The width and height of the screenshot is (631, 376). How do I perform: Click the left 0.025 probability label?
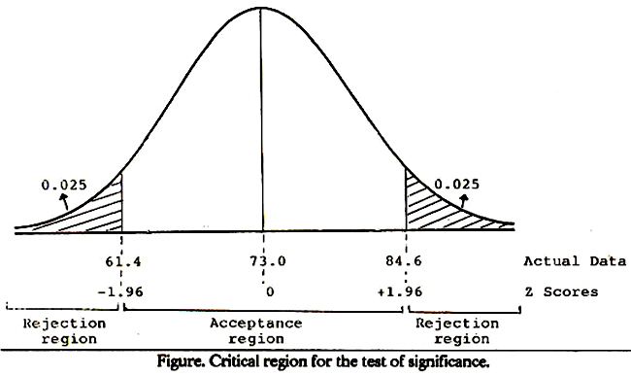pyautogui.click(x=64, y=185)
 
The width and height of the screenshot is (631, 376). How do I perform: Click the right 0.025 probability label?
pyautogui.click(x=457, y=184)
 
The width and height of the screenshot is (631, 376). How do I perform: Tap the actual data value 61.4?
pyautogui.click(x=123, y=261)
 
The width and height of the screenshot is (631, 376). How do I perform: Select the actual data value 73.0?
pyautogui.click(x=268, y=260)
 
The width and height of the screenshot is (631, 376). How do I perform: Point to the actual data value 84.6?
pyautogui.click(x=404, y=260)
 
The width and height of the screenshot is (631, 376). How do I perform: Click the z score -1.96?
pyautogui.click(x=120, y=291)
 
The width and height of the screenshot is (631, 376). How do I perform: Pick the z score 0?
pyautogui.click(x=270, y=291)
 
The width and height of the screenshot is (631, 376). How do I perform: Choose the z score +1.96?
pyautogui.click(x=400, y=291)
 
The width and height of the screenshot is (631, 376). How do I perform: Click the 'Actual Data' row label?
pyautogui.click(x=575, y=261)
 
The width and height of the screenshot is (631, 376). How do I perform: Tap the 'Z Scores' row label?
pyautogui.click(x=561, y=291)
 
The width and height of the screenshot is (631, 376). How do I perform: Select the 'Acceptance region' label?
pyautogui.click(x=256, y=331)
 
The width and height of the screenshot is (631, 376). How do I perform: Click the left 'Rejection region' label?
pyautogui.click(x=64, y=331)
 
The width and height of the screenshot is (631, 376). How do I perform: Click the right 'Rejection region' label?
pyautogui.click(x=457, y=331)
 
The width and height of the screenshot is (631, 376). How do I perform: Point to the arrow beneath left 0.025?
pyautogui.click(x=64, y=201)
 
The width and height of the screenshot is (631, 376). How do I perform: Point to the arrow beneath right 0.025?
pyautogui.click(x=464, y=200)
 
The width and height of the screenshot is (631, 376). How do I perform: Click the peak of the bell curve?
pyautogui.click(x=261, y=8)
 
